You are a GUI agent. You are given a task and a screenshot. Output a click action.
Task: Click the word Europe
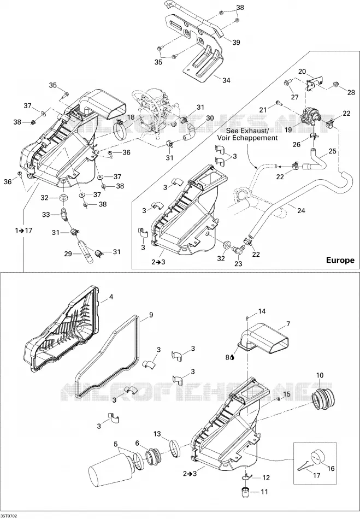tap(340, 260)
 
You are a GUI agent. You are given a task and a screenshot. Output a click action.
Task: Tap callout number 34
tap(226, 80)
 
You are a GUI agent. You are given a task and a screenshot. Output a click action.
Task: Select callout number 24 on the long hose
tap(301, 210)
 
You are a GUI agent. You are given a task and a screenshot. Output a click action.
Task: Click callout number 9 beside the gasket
tap(151, 315)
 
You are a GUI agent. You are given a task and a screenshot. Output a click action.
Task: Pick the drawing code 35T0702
tap(9, 516)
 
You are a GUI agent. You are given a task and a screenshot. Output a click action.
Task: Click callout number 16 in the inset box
tap(331, 468)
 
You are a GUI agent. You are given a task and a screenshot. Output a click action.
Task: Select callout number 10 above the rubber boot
tap(320, 375)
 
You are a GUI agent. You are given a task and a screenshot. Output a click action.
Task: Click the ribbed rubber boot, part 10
tap(322, 397)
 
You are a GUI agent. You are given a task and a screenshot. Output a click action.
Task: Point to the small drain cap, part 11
tap(246, 491)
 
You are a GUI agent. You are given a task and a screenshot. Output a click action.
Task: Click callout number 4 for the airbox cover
tap(111, 297)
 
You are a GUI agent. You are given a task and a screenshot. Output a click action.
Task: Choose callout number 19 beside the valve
tap(288, 130)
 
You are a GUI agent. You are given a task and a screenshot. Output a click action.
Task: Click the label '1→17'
tap(24, 230)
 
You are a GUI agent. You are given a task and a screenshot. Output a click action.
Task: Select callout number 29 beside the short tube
tap(68, 254)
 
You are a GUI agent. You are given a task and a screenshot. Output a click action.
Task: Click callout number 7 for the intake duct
tap(288, 324)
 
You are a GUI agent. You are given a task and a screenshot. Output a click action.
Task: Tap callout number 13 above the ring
tap(157, 434)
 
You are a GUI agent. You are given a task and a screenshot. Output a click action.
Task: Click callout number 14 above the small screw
tap(262, 311)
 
